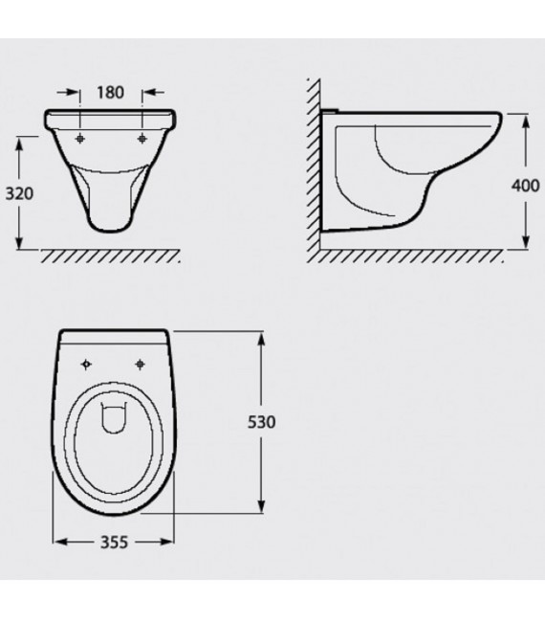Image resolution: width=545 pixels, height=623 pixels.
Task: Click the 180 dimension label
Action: tap(110, 93)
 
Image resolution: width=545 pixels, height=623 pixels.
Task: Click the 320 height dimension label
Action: tap(19, 194)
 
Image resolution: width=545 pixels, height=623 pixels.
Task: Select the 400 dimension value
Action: tap(525, 186)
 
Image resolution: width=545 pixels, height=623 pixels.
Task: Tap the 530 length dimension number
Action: tap(261, 422)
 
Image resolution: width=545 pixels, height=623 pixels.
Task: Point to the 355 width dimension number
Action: tap(114, 542)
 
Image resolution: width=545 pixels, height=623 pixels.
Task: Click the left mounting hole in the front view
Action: tap(80, 138)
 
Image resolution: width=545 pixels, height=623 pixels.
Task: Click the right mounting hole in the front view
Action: tap(142, 138)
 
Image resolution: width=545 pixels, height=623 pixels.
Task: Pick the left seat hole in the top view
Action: tap(86, 364)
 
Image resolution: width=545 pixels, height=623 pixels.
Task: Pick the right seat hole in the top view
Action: tap(140, 364)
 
